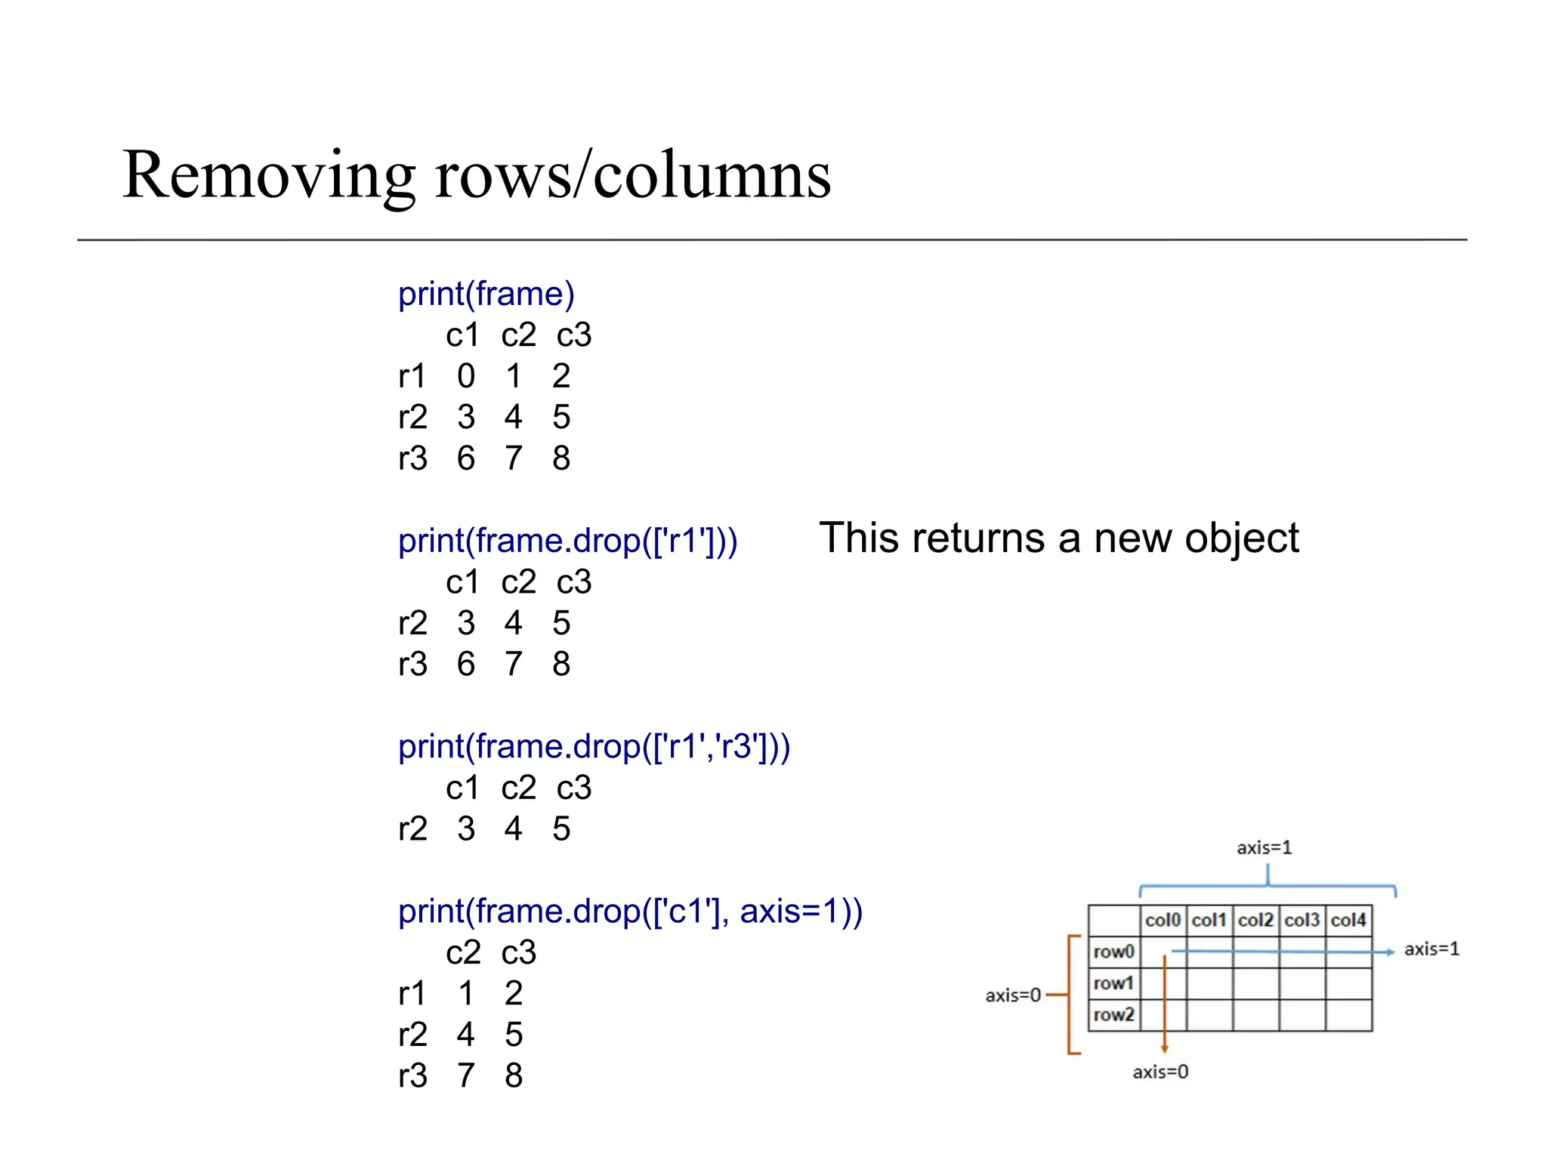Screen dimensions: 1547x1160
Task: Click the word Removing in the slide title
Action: pos(268,175)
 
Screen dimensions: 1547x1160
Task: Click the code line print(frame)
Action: pos(486,294)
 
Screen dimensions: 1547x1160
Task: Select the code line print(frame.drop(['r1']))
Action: pos(567,541)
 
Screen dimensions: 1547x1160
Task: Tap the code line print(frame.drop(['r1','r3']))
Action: pos(594,747)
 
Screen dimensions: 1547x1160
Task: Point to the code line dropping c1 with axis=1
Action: pos(630,912)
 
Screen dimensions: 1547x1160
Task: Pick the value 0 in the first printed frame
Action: pos(466,376)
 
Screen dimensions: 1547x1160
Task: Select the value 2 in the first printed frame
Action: pos(560,376)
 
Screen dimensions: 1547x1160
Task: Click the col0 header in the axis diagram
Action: pos(1163,920)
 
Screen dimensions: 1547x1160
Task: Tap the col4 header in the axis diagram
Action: pos(1348,920)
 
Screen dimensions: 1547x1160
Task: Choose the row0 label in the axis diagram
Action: pos(1113,952)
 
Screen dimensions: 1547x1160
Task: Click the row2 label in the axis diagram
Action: pos(1113,1014)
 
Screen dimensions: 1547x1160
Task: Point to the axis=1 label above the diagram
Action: pos(1264,848)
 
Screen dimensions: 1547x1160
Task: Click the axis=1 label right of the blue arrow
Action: pos(1431,949)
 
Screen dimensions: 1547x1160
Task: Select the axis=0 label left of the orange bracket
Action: pos(1013,995)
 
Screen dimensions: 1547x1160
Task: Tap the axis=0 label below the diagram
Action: pos(1160,1072)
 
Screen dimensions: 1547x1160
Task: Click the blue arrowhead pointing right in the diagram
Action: pos(1390,952)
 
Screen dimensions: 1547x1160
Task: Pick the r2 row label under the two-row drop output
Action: pos(412,829)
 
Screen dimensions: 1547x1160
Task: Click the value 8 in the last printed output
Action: pos(514,1075)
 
